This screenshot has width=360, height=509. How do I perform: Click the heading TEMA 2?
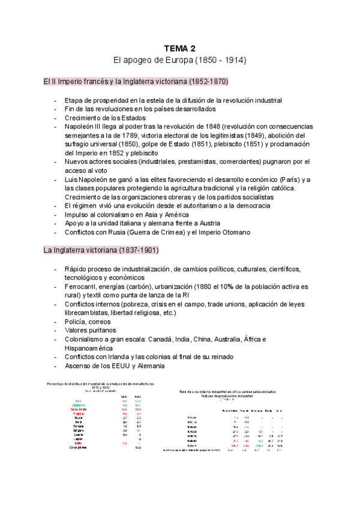tap(179, 48)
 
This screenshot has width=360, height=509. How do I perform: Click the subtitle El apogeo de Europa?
tap(179, 61)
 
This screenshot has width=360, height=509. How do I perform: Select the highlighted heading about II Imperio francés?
tap(136, 80)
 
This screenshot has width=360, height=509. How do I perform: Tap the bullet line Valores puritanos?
tap(91, 331)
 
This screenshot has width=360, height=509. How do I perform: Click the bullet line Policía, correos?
tap(89, 322)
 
